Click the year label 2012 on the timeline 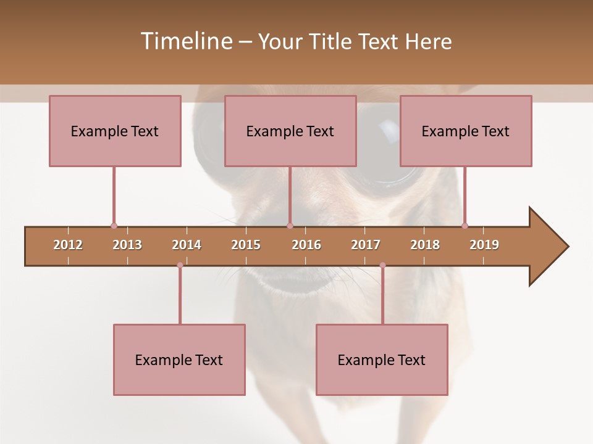coord(68,245)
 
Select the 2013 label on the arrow coord(127,245)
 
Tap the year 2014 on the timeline coord(187,245)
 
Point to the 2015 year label coord(246,245)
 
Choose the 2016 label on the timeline coord(306,245)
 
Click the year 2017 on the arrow coord(366,245)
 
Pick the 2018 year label coord(425,245)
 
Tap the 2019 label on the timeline coord(484,245)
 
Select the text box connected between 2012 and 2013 coord(115,131)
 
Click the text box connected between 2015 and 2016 coord(290,131)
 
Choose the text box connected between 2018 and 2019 coord(466,131)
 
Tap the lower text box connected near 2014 coord(179,360)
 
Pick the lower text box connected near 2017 coord(382,360)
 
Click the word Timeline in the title coord(185,41)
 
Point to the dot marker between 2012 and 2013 coord(114,226)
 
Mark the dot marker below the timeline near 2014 coord(180,265)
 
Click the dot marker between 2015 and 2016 coord(290,226)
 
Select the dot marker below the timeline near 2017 coord(382,265)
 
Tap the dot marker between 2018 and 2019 coord(465,226)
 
